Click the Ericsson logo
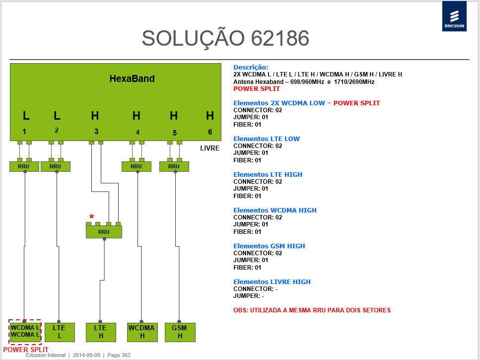click(x=454, y=16)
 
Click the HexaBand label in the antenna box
click(x=132, y=78)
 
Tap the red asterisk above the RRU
click(x=91, y=217)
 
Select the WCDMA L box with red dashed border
click(x=25, y=332)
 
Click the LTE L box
click(x=60, y=332)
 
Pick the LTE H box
click(x=101, y=332)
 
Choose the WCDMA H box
click(x=142, y=332)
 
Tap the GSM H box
click(x=180, y=332)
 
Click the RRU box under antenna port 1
click(x=24, y=166)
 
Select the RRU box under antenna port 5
click(x=174, y=166)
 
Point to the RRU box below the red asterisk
click(x=104, y=232)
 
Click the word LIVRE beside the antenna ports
click(x=209, y=148)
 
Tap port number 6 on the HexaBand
click(x=210, y=132)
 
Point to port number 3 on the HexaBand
click(x=96, y=132)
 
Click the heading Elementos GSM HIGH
click(x=269, y=246)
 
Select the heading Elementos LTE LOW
click(x=267, y=139)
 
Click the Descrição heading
click(x=251, y=68)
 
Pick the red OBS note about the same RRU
click(x=312, y=310)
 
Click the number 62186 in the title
click(x=280, y=38)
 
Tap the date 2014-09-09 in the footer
click(x=86, y=355)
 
